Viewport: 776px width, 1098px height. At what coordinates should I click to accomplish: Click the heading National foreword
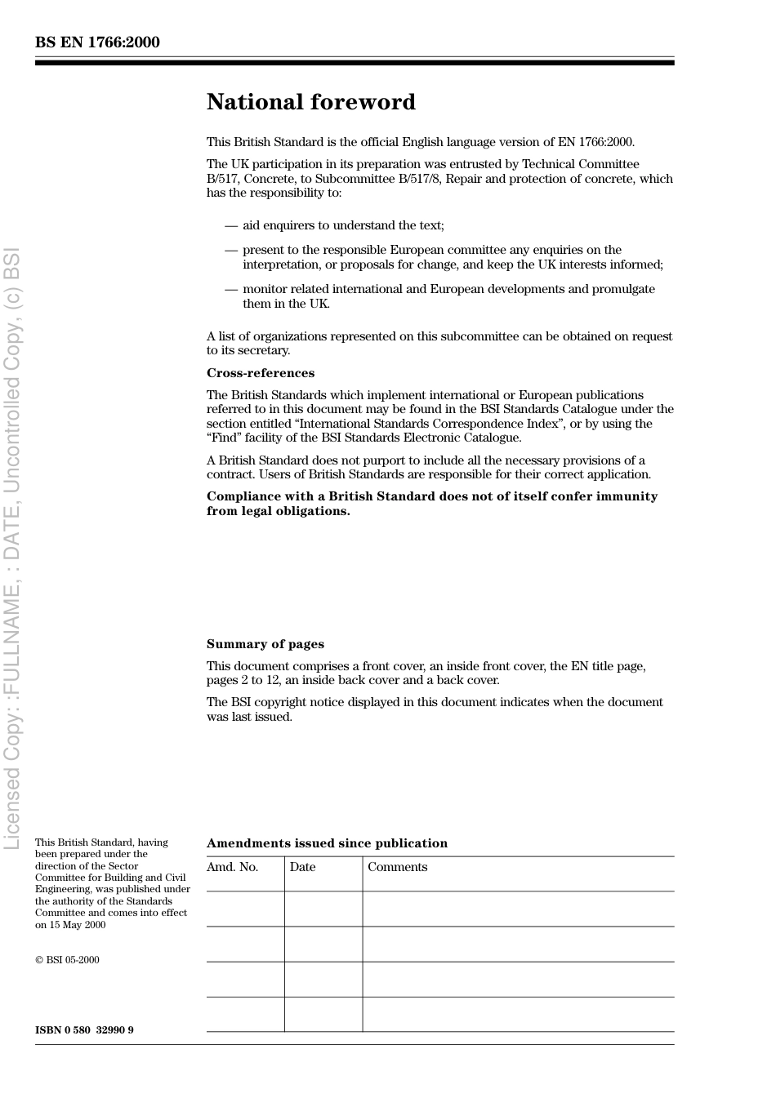(x=310, y=102)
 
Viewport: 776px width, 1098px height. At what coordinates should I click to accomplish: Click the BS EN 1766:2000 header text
(x=97, y=42)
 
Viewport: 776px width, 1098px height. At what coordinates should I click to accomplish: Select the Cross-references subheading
(x=260, y=373)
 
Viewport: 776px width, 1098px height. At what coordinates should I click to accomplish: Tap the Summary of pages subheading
(x=265, y=644)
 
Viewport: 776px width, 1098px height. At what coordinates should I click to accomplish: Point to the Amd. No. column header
(x=232, y=867)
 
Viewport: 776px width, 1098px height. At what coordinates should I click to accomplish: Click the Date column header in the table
(x=302, y=867)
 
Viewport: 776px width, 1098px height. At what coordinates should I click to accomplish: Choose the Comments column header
(x=397, y=867)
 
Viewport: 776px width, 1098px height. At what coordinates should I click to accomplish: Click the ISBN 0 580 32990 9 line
(x=84, y=1030)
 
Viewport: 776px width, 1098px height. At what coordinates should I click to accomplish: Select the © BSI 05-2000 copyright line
(x=67, y=960)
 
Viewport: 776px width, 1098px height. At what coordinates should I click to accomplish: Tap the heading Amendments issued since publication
(x=327, y=843)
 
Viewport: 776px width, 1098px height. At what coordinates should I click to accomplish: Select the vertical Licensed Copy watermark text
(x=12, y=547)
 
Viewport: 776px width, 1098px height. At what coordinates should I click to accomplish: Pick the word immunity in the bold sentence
(x=630, y=496)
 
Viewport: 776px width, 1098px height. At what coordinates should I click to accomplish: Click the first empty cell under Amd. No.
(x=245, y=909)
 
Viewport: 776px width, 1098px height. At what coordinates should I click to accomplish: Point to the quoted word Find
(x=225, y=438)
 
